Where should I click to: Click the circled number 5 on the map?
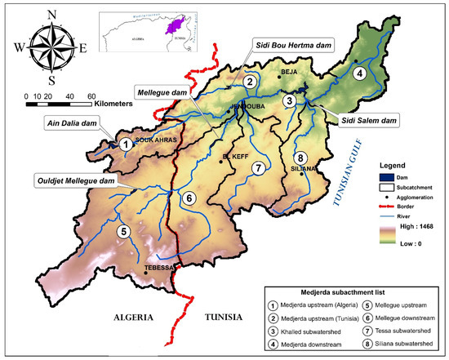coord(123,231)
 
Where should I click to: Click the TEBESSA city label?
coord(158,268)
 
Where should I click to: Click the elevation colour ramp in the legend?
coord(390,235)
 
